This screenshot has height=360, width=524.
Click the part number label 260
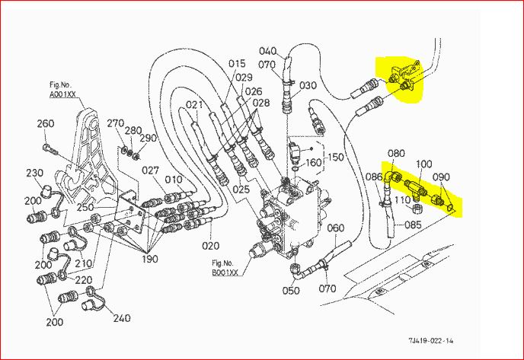pyautogui.click(x=45, y=124)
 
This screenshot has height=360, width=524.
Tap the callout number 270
pyautogui.click(x=115, y=123)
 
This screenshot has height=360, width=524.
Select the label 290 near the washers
pyautogui.click(x=148, y=138)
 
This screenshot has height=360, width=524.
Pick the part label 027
pyautogui.click(x=150, y=170)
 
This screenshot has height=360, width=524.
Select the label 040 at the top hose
pyautogui.click(x=267, y=51)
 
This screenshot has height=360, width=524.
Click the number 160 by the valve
pyautogui.click(x=314, y=162)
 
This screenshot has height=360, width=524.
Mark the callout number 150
pyautogui.click(x=336, y=157)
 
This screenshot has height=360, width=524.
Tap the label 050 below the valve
pyautogui.click(x=290, y=291)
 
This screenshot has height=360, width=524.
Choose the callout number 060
pyautogui.click(x=336, y=228)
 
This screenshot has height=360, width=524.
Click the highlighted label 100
pyautogui.click(x=423, y=164)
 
